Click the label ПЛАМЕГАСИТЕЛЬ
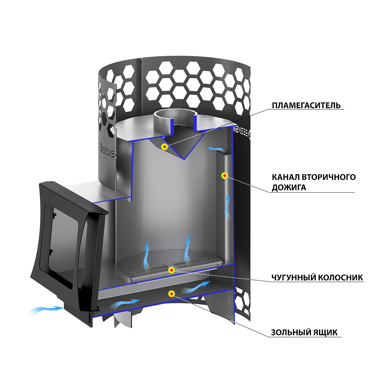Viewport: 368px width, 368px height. click(306, 106)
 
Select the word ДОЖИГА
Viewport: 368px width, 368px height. click(289, 188)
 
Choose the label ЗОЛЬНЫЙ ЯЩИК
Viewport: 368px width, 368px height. click(304, 332)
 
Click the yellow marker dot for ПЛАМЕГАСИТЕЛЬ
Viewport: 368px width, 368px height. click(164, 147)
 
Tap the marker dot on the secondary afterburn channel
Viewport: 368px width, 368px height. click(224, 176)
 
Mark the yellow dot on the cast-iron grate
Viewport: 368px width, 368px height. click(171, 270)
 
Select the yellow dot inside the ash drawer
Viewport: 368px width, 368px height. click(171, 293)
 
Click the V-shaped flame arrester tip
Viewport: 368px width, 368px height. click(183, 158)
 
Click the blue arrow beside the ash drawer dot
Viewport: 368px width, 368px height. click(197, 286)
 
